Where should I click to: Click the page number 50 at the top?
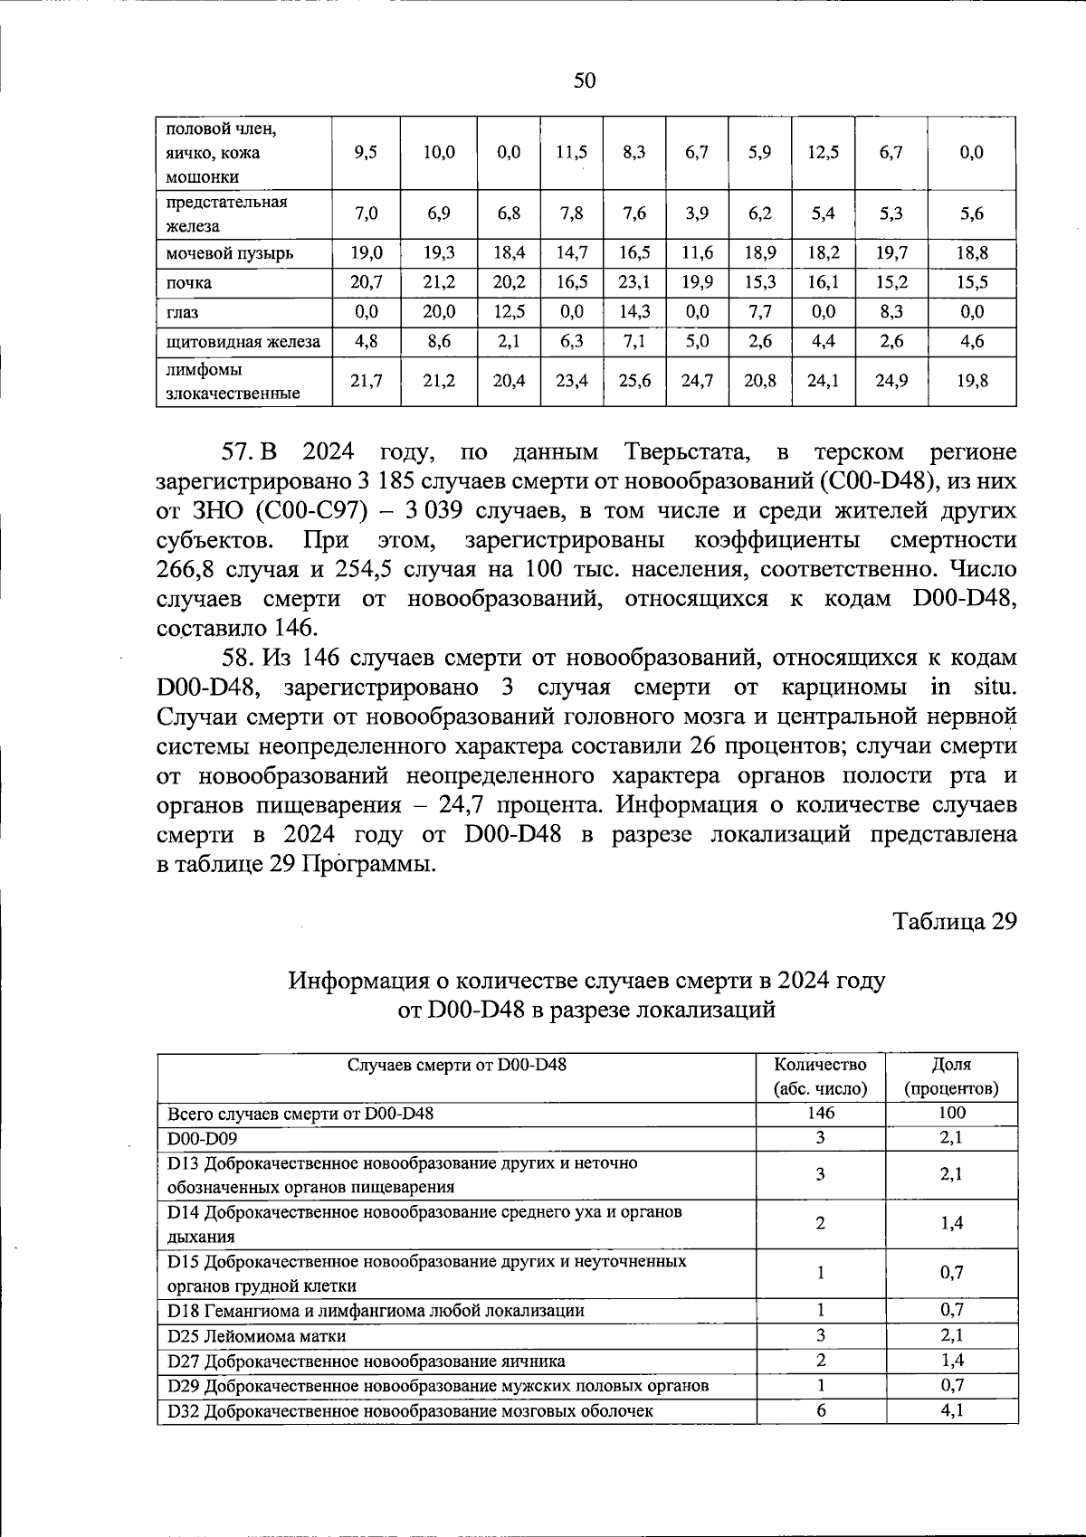[585, 81]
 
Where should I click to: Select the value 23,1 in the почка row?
[633, 282]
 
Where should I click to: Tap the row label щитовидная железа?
[243, 342]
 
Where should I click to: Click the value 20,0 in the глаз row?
[439, 312]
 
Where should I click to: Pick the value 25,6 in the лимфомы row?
[633, 381]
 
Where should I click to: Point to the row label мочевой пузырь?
[229, 253]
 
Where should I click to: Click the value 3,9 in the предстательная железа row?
[697, 213]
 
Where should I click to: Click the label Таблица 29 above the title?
[956, 922]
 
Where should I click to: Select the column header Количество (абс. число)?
[820, 1077]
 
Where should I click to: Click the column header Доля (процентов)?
[951, 1077]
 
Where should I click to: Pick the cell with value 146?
[820, 1114]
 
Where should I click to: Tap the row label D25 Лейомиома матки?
[257, 1336]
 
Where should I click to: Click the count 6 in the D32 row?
[820, 1410]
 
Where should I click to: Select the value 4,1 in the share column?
[951, 1410]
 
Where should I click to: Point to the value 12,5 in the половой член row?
[823, 153]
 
